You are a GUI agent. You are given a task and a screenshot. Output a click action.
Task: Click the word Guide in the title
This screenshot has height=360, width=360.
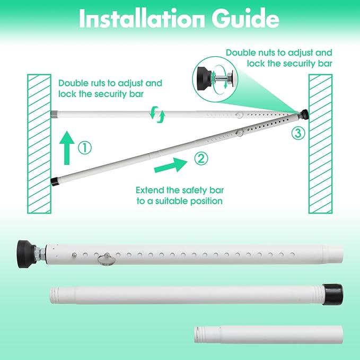point(245,18)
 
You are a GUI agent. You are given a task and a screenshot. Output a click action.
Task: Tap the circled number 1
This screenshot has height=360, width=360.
point(85,147)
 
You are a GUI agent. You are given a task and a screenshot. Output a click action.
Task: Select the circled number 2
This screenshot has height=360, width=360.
point(201,159)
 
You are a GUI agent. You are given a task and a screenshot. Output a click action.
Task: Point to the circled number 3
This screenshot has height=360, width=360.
point(298,133)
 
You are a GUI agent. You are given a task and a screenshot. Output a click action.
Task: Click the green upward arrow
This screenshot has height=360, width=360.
point(67,147)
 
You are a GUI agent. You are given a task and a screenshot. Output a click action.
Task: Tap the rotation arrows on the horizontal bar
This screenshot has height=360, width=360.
point(157,114)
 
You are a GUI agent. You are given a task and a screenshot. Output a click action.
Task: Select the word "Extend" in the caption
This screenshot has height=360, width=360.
point(150,190)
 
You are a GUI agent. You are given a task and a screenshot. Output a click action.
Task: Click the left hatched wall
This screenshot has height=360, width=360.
point(39,144)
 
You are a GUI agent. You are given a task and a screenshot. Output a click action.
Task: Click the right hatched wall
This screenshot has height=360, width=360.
point(321,144)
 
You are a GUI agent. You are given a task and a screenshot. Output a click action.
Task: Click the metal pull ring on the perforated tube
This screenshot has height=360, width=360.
point(106,260)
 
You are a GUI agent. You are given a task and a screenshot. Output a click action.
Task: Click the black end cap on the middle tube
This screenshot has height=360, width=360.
point(333,294)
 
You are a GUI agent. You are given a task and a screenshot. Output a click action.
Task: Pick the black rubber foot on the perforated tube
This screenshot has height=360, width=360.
point(26,254)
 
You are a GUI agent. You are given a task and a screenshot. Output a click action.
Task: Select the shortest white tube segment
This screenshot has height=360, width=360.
point(269,335)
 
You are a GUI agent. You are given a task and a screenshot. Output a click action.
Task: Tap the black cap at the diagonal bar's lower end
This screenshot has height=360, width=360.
point(55,181)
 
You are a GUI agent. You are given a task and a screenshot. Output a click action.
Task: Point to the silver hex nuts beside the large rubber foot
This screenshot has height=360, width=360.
point(40,254)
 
